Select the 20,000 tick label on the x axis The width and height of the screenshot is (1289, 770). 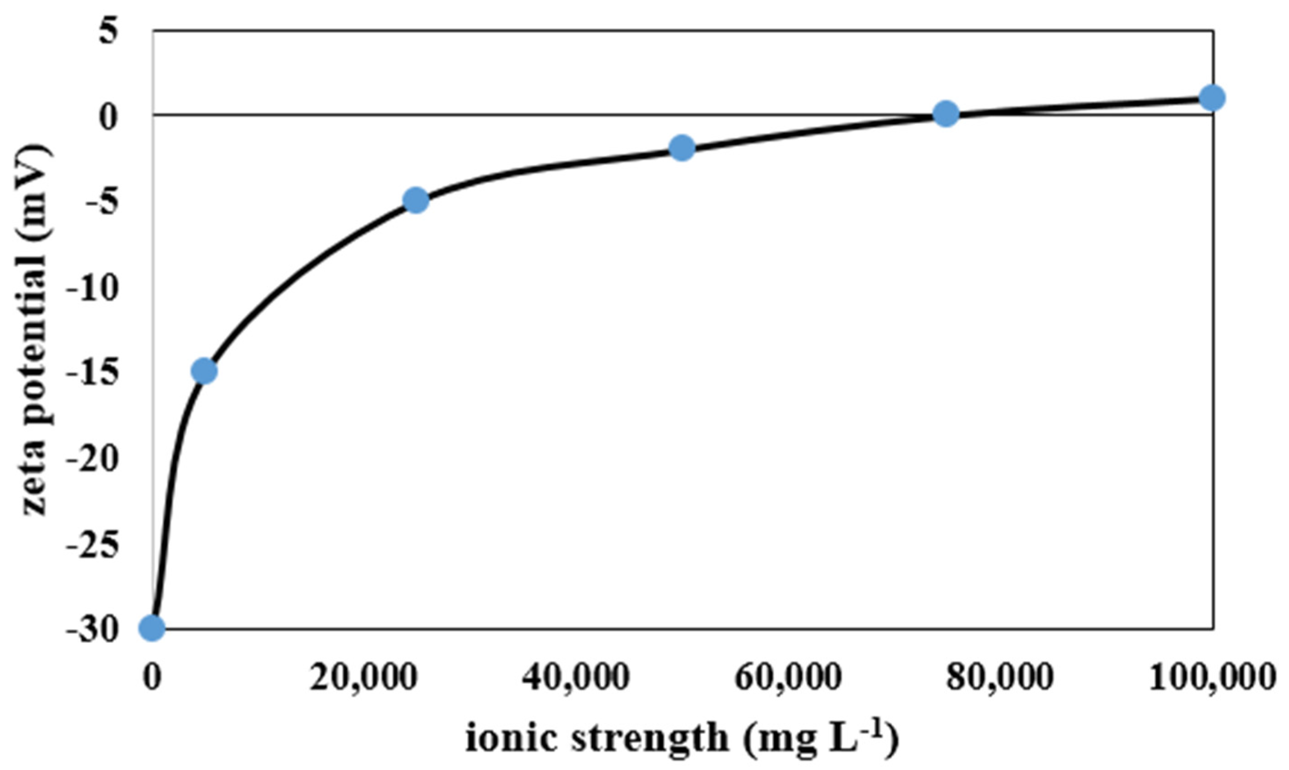pos(364,679)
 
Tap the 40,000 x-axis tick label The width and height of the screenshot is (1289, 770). pos(576,679)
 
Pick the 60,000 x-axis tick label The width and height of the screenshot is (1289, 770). pos(788,679)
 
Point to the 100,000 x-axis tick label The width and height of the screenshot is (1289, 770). pos(1211,679)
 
